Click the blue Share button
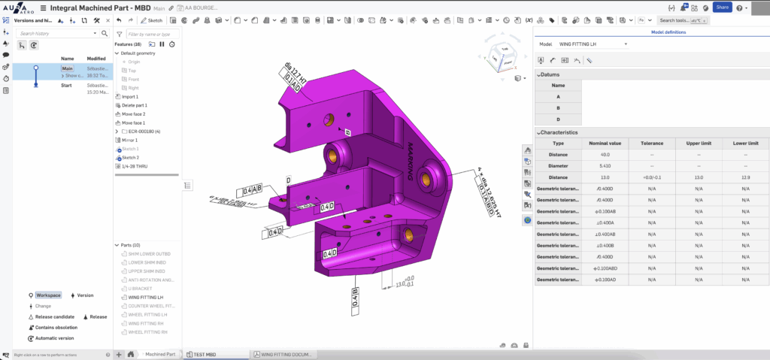coord(722,7)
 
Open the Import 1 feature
coord(131,97)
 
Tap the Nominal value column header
coord(605,143)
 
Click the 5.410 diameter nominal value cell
coord(605,166)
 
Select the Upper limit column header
coord(699,143)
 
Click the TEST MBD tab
coord(205,354)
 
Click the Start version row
coord(67,86)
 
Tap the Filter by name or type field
coord(153,34)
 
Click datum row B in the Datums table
coord(558,108)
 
